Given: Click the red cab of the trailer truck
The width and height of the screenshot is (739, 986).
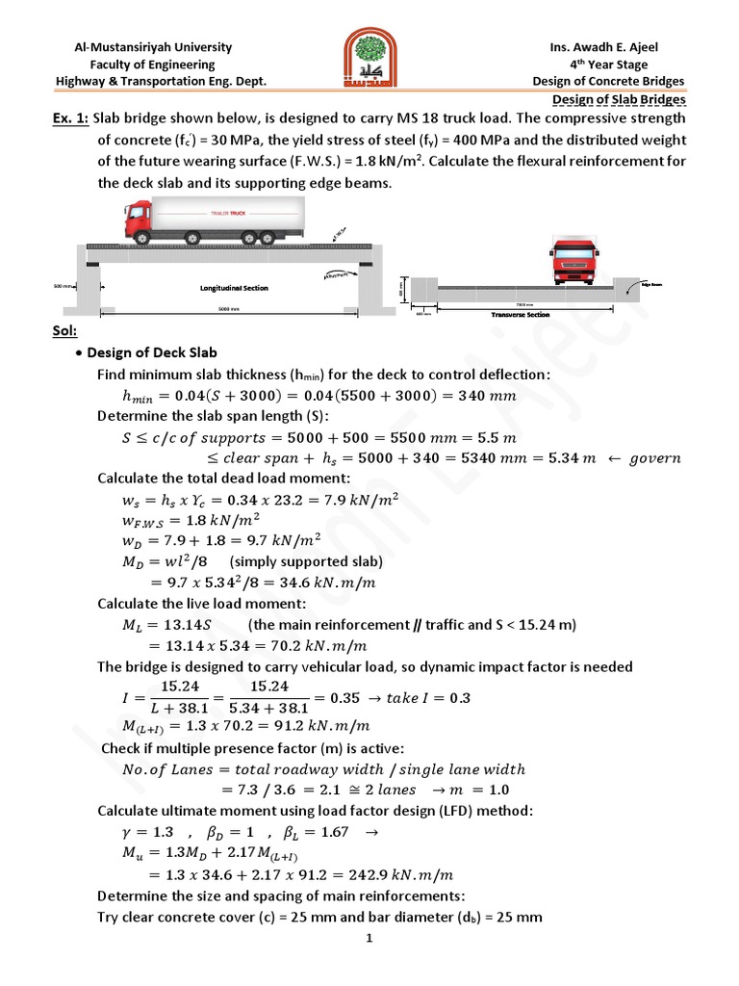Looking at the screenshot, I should (140, 220).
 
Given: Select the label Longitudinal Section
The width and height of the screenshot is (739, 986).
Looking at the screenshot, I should (234, 288).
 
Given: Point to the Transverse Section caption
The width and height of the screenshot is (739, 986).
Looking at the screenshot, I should (520, 314).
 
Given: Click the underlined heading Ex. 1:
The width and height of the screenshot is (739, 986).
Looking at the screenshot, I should (71, 117).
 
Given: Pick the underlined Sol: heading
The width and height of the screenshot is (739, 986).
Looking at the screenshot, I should (64, 331).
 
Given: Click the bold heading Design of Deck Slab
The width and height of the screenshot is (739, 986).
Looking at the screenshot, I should (154, 352).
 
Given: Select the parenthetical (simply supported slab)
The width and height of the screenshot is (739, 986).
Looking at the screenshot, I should (289, 561).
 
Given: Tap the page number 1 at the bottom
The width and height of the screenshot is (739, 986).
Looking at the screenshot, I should (369, 940).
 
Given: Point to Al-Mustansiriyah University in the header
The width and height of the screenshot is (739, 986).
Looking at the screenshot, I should (154, 47).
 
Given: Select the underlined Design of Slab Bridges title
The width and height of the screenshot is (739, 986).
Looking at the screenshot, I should (619, 99).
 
